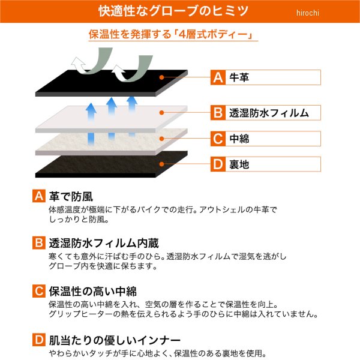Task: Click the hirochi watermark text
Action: pos(307,13)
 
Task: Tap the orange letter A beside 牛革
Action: pos(218,77)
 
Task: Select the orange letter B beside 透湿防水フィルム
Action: pos(218,113)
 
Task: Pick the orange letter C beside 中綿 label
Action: pos(218,139)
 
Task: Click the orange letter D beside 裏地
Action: pos(218,164)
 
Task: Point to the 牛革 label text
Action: pos(239,77)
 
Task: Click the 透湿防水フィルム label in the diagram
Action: pos(269,113)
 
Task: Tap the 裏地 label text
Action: pos(239,164)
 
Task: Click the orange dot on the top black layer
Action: pos(161,77)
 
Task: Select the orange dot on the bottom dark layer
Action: pos(161,164)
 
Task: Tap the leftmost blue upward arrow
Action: pos(91,124)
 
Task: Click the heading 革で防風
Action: pos(71,197)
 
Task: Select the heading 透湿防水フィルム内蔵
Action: pos(104,243)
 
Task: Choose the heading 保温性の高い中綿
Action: pos(93,292)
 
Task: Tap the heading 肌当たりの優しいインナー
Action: pos(115,340)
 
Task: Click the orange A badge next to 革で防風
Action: pos(39,196)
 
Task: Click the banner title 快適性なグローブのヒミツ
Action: pos(173,11)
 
